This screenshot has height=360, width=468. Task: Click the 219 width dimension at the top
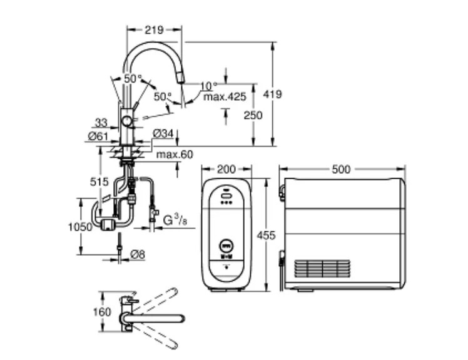(155, 30)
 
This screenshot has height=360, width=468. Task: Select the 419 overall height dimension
(272, 94)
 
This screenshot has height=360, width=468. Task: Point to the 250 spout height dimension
(253, 115)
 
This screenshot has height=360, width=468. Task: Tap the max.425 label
(225, 97)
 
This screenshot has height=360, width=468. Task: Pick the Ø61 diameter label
(98, 136)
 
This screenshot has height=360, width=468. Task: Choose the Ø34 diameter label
(163, 134)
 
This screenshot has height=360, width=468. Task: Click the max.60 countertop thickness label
(175, 154)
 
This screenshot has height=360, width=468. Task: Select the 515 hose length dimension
(99, 182)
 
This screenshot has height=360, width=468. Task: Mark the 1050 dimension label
(80, 227)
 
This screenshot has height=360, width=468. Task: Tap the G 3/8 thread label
(175, 220)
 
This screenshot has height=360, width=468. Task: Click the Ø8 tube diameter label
(138, 254)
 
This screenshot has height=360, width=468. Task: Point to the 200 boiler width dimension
(226, 169)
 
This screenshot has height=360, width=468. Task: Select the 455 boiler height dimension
(266, 236)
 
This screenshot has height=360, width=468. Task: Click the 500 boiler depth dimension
(341, 169)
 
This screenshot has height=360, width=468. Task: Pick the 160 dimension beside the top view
(102, 312)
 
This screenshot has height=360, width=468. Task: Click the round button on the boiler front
(226, 246)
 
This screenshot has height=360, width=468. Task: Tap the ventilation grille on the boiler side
(322, 268)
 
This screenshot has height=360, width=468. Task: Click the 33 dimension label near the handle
(101, 122)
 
